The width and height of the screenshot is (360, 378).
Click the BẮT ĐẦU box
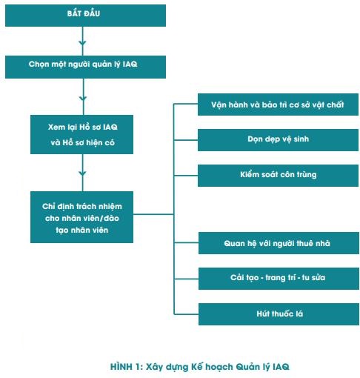(85, 16)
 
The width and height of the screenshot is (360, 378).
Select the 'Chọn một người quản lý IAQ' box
(85, 67)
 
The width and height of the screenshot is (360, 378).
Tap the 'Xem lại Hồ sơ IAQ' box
(81, 134)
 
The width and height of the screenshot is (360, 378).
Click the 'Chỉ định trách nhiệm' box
(81, 217)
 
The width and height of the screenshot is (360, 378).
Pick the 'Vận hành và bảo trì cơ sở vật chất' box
(278, 105)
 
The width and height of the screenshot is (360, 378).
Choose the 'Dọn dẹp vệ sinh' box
(278, 140)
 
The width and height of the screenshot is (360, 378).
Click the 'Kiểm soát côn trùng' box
(278, 176)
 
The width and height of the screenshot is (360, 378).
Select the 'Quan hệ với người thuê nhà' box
(279, 243)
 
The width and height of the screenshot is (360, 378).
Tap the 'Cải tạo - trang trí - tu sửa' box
(279, 279)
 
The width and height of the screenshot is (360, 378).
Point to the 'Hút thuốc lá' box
(279, 314)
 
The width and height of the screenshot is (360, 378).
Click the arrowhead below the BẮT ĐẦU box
(82, 43)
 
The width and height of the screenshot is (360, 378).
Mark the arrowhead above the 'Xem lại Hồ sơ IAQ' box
(83, 99)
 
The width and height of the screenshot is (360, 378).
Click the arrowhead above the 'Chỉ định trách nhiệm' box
(82, 173)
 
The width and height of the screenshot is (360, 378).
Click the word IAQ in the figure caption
(281, 367)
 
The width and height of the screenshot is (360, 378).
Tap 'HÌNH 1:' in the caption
(127, 367)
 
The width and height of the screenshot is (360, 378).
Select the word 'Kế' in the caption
(197, 367)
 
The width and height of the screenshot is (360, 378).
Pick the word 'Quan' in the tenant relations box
(233, 243)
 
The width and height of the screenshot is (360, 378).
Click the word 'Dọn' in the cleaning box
(255, 139)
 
